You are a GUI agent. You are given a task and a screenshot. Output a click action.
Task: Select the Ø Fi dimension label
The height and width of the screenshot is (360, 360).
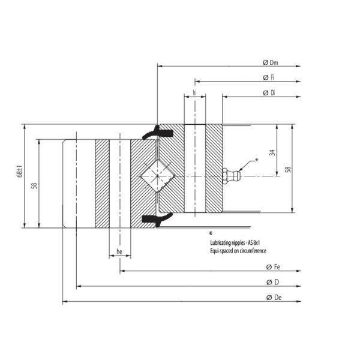(x=269, y=78)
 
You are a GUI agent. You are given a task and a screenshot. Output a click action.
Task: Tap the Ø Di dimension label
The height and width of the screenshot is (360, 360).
(x=269, y=93)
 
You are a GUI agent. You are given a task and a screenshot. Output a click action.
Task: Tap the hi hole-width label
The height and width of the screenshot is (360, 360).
(x=195, y=93)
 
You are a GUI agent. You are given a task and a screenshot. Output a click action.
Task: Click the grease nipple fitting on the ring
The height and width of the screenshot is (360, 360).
(x=231, y=176)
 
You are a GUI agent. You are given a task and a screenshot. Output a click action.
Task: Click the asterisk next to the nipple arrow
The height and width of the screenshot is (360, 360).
(x=257, y=160)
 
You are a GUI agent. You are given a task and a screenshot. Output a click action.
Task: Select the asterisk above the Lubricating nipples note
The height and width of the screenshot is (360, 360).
(x=211, y=233)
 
